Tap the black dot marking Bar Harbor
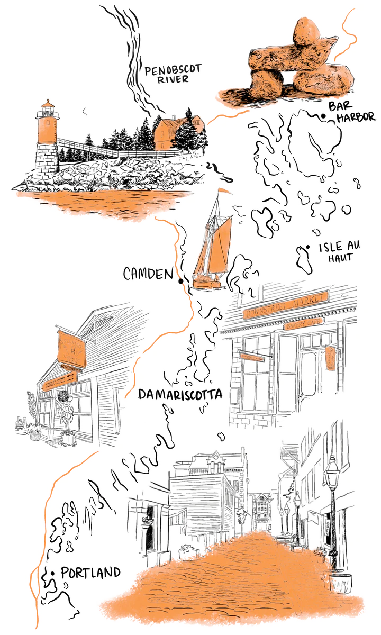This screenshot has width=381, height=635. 323,116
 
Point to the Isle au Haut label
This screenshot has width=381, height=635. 339,253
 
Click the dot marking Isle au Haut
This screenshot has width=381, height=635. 307,247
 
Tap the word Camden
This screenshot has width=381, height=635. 148,274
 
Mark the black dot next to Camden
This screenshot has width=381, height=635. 180,282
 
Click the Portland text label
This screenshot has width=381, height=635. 90,573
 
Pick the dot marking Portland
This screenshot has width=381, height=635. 53,573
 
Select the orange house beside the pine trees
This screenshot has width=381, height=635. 169,132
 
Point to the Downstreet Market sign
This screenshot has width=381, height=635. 286,306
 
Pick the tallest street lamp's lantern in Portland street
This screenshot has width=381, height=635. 332,468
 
